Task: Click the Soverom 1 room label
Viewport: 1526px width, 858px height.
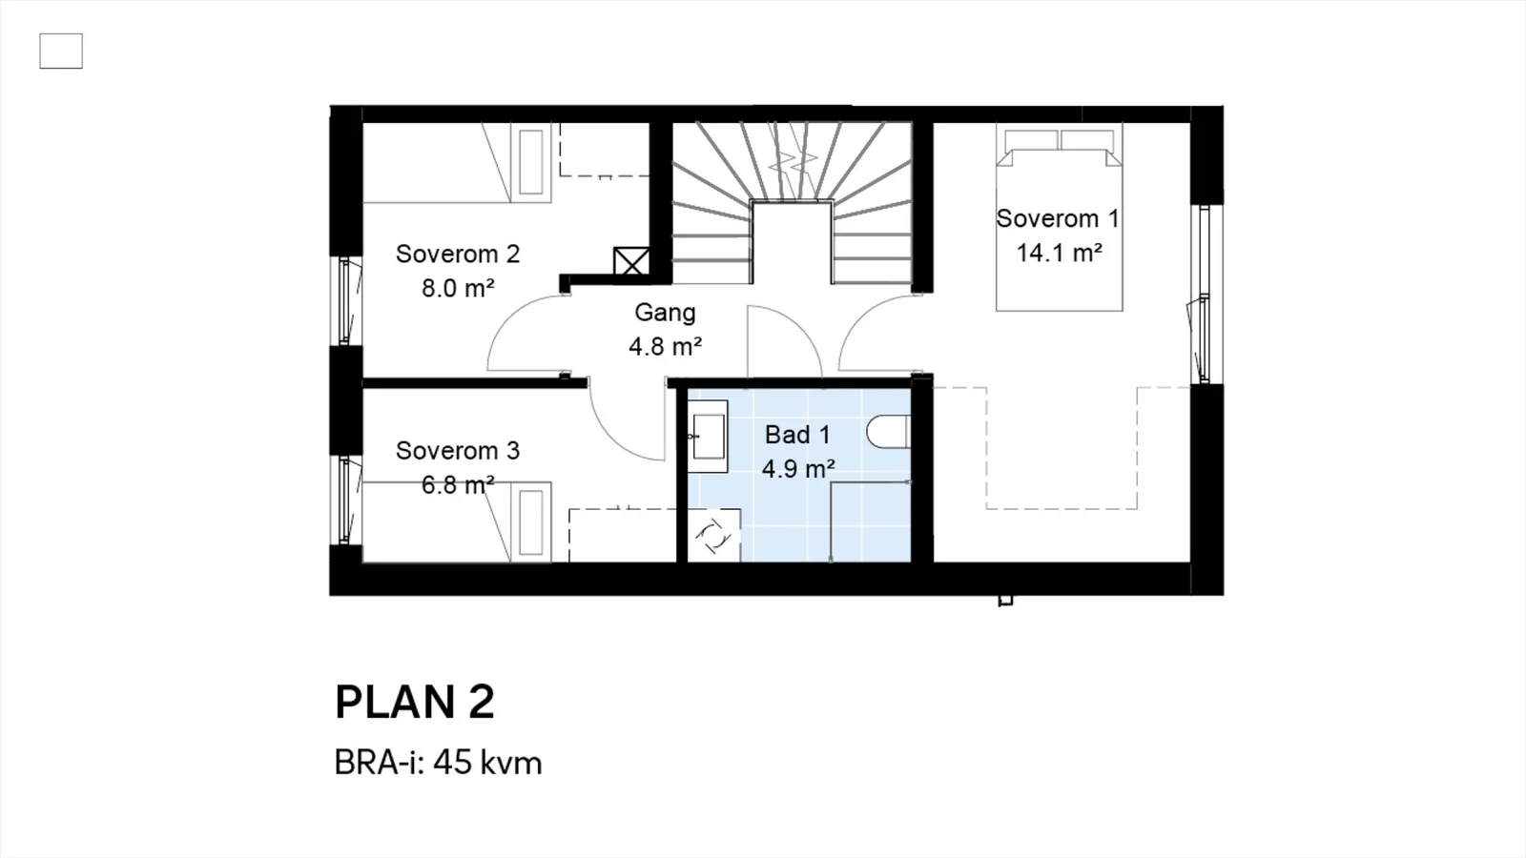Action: click(1058, 218)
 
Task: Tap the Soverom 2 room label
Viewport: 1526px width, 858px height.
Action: click(458, 254)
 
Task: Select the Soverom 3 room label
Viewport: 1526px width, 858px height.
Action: click(458, 451)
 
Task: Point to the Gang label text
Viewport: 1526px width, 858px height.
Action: click(665, 314)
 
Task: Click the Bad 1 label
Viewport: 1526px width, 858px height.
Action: click(797, 435)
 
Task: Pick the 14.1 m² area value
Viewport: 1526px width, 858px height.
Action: click(1059, 254)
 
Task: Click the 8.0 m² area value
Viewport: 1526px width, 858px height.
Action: click(458, 289)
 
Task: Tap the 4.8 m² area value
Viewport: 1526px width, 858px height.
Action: click(665, 347)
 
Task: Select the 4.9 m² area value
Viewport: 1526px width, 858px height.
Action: click(798, 469)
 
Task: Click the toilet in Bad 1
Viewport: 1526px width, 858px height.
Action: click(888, 431)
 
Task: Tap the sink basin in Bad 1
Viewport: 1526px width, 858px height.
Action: click(707, 437)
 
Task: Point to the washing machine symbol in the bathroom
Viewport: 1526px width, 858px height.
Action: click(713, 535)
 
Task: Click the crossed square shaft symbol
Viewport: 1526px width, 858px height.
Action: click(630, 261)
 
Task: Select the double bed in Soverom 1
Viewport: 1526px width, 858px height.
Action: click(1059, 217)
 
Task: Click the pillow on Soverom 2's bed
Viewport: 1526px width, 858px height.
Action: click(531, 162)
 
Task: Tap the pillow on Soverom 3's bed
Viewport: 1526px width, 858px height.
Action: click(531, 521)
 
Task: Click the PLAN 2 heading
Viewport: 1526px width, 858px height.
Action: click(414, 702)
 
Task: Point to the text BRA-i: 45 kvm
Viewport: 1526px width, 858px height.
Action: click(438, 763)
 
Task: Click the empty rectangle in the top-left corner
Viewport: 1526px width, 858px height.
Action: click(61, 51)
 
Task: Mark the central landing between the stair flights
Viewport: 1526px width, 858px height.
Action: click(792, 242)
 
